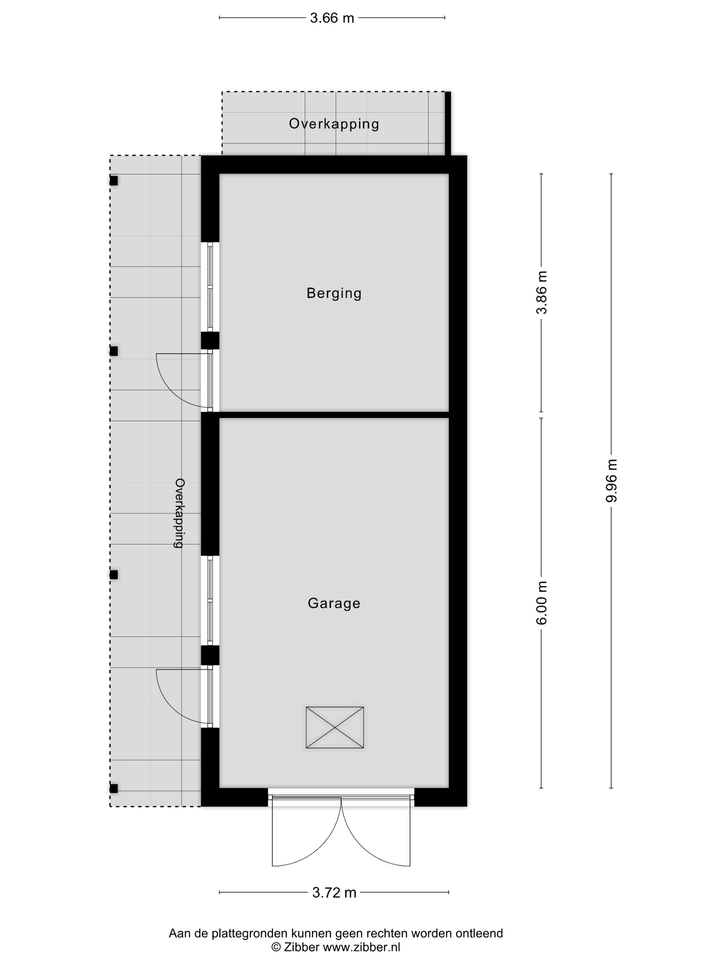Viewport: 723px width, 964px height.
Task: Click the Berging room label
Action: pyautogui.click(x=334, y=293)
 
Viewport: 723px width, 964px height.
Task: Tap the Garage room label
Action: pyautogui.click(x=334, y=603)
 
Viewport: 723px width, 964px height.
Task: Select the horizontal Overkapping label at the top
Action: pyautogui.click(x=334, y=124)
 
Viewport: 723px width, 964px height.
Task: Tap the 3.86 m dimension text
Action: pyautogui.click(x=542, y=292)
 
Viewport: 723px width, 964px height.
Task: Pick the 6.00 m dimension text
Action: pyautogui.click(x=542, y=603)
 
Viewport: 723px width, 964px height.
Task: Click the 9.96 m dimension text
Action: pyautogui.click(x=611, y=480)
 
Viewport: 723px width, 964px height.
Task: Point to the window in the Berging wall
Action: pyautogui.click(x=210, y=287)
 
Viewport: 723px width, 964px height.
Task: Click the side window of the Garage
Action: pyautogui.click(x=210, y=600)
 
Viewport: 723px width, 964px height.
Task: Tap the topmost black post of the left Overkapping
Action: pyautogui.click(x=114, y=180)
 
